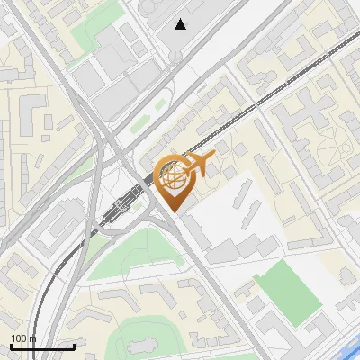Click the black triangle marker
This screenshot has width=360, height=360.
pyautogui.click(x=181, y=24)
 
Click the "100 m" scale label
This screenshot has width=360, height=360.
pyautogui.click(x=23, y=338)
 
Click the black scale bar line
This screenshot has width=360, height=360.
pyautogui.click(x=42, y=346)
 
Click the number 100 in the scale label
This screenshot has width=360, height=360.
pyautogui.click(x=18, y=338)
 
